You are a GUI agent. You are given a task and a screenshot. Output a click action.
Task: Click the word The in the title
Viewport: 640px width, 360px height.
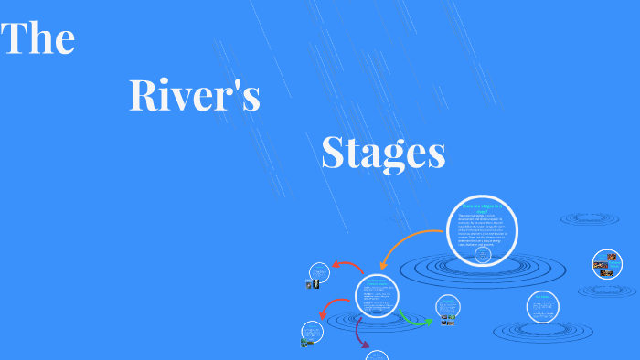point(38,40)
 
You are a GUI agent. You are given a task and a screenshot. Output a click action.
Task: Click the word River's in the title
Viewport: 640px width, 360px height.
point(195,96)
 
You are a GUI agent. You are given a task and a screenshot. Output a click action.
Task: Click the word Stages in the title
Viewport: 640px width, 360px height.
point(383,153)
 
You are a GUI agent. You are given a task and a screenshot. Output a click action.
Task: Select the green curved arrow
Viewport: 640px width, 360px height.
point(414,319)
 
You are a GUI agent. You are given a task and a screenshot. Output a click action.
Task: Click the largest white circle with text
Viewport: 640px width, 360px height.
point(482,231)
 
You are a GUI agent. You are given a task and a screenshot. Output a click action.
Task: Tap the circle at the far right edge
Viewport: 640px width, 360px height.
point(607,263)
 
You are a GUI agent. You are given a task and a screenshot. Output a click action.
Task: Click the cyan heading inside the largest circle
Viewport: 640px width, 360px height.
point(482,209)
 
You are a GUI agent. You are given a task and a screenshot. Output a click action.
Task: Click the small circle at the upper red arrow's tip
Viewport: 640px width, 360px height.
point(319,272)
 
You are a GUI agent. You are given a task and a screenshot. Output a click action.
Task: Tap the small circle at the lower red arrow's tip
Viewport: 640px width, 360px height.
point(313,332)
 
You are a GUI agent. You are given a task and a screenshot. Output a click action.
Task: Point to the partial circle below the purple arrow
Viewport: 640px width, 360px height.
point(377,355)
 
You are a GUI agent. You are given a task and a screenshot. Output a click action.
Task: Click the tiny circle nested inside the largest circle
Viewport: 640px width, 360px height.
point(483,257)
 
